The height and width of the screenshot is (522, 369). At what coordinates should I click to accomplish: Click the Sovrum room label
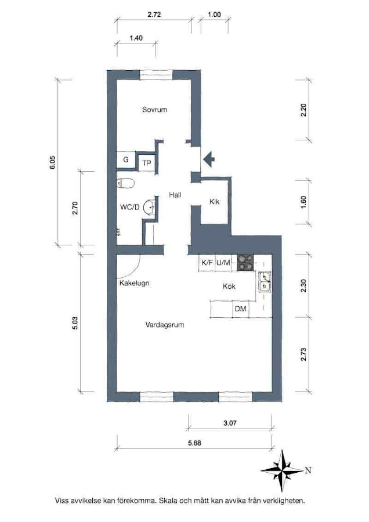pyautogui.click(x=154, y=110)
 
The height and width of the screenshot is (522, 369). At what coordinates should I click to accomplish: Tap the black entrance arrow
pyautogui.click(x=208, y=159)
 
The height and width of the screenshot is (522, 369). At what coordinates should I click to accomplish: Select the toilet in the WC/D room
pyautogui.click(x=125, y=183)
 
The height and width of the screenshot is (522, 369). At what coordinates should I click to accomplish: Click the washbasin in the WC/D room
pyautogui.click(x=150, y=207)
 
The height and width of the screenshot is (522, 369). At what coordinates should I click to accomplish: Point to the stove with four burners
pyautogui.click(x=245, y=262)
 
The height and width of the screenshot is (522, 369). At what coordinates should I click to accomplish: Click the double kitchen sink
pyautogui.click(x=265, y=282)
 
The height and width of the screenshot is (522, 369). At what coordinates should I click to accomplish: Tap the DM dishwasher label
pyautogui.click(x=240, y=309)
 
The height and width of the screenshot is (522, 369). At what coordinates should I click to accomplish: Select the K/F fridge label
pyautogui.click(x=207, y=263)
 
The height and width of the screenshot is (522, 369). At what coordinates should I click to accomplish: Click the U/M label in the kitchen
pyautogui.click(x=223, y=263)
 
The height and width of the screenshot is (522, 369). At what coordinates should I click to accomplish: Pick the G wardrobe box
pyautogui.click(x=126, y=160)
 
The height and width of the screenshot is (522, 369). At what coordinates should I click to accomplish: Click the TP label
pyautogui.click(x=147, y=163)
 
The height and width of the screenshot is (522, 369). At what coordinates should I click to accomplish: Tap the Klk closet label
pyautogui.click(x=215, y=201)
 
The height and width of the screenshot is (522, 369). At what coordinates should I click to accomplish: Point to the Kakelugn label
pyautogui.click(x=134, y=283)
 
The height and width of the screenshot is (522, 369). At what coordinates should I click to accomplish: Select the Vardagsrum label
pyautogui.click(x=165, y=325)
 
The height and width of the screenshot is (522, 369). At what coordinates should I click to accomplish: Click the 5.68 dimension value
pyautogui.click(x=194, y=443)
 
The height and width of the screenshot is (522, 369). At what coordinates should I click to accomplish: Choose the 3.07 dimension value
pyautogui.click(x=230, y=423)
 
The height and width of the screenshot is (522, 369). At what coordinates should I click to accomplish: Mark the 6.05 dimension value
pyautogui.click(x=53, y=163)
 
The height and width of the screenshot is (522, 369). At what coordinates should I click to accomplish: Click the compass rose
pyautogui.click(x=283, y=471)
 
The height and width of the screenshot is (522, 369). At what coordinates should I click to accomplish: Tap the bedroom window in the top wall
pyautogui.click(x=156, y=75)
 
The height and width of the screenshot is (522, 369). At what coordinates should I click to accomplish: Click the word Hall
pyautogui.click(x=175, y=195)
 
